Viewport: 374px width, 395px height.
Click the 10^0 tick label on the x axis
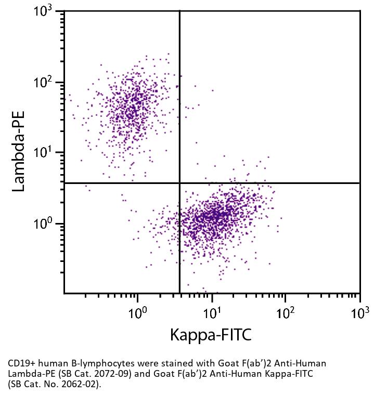[137, 312]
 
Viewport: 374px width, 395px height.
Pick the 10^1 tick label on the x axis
[212, 312]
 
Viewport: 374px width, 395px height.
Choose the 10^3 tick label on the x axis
[359, 312]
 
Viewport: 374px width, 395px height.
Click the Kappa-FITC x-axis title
[211, 335]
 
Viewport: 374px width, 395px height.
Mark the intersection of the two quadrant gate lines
[179, 183]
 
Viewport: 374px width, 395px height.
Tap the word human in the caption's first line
[50, 363]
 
